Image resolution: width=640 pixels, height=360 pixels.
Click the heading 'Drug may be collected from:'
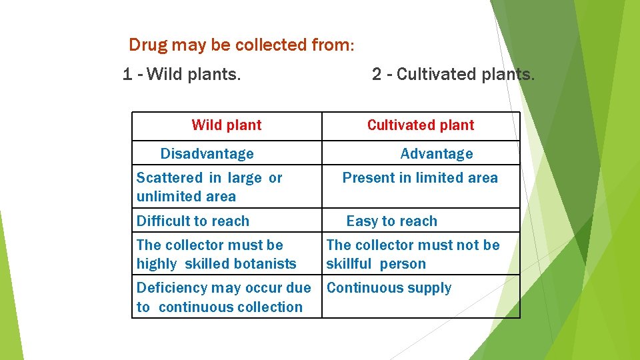point(241,45)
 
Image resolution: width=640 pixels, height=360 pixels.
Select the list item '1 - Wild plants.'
point(181,74)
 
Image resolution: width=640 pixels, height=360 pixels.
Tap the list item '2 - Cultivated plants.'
point(453,74)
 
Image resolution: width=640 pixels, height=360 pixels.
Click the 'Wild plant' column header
point(227,125)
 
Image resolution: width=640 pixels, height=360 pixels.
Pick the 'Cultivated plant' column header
point(421,125)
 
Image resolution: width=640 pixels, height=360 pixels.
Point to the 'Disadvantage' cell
point(207,154)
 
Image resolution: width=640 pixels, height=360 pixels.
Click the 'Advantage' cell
point(437,154)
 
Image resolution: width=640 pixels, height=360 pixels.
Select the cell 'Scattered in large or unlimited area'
point(209,187)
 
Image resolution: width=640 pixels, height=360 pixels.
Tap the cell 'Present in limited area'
point(420,178)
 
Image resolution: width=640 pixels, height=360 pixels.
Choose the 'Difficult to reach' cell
point(193,221)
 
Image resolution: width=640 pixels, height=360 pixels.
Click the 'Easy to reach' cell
point(392,221)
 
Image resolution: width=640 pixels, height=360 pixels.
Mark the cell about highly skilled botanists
point(216,255)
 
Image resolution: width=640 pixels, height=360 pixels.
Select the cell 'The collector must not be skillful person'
point(413,255)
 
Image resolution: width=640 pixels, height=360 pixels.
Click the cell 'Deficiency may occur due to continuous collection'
point(223,297)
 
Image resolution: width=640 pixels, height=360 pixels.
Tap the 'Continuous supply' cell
point(389,289)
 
